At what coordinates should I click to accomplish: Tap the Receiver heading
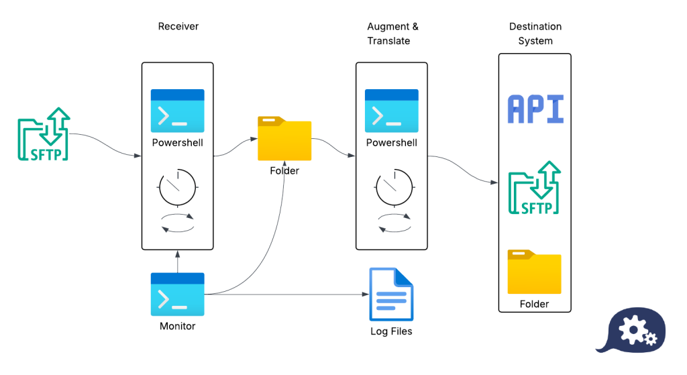[178, 27]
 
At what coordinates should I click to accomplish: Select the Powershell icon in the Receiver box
[177, 111]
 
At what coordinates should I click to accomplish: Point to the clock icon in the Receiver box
[177, 187]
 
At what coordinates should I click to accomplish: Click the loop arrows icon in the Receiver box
[177, 223]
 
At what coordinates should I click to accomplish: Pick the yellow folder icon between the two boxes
[284, 139]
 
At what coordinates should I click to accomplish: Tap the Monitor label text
[177, 326]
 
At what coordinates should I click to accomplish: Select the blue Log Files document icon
[391, 294]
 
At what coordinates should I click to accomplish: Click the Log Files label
[391, 331]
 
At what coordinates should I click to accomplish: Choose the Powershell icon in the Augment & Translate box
[391, 111]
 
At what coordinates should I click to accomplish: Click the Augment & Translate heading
[392, 34]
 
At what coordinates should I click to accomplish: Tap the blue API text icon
[535, 109]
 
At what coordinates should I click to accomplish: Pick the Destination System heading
[535, 34]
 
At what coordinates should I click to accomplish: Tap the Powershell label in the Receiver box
[177, 143]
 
